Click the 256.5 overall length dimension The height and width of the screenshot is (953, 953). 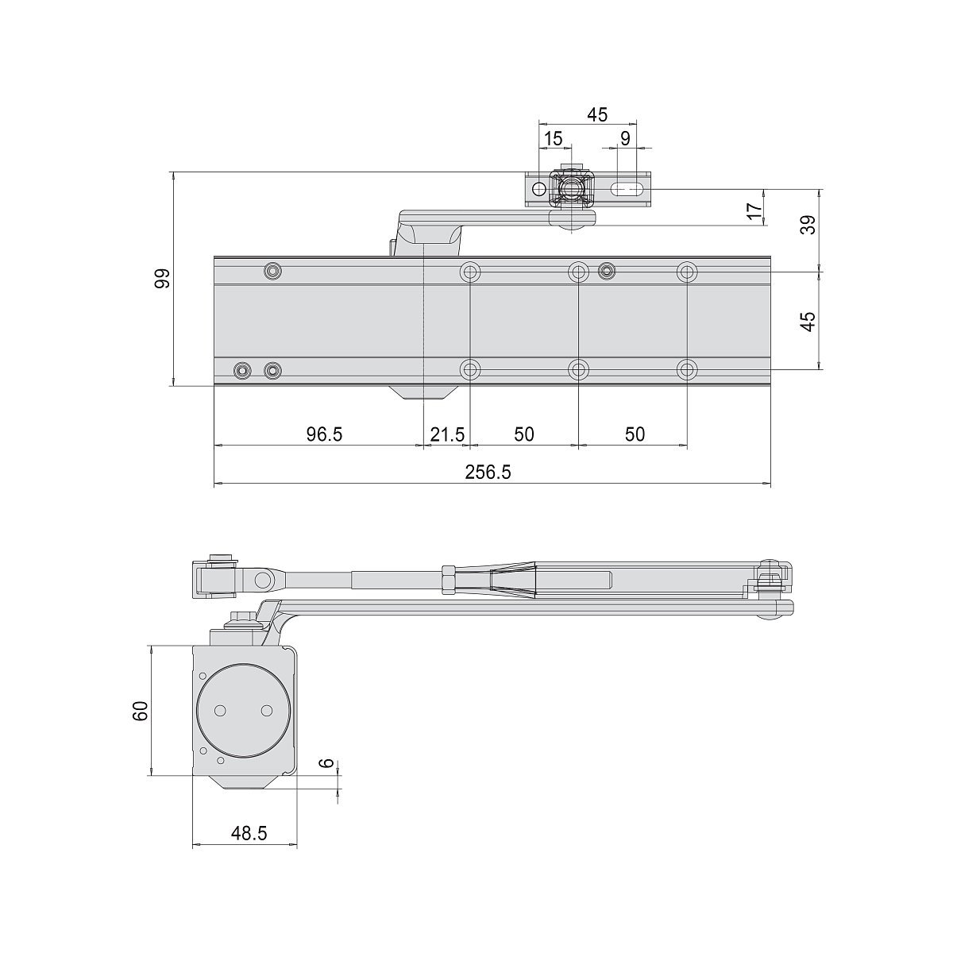click(x=488, y=473)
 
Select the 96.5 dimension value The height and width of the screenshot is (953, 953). click(x=325, y=434)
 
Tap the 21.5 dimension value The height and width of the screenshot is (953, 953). click(x=447, y=434)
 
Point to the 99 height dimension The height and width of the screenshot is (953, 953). click(x=163, y=279)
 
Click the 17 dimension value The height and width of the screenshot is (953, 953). click(x=755, y=211)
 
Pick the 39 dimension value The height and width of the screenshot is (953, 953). click(x=808, y=225)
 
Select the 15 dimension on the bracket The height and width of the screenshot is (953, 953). click(x=553, y=139)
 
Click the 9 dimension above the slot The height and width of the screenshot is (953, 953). click(x=625, y=139)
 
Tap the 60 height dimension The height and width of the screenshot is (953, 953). click(x=141, y=711)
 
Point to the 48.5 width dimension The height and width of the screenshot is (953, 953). click(x=249, y=833)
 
